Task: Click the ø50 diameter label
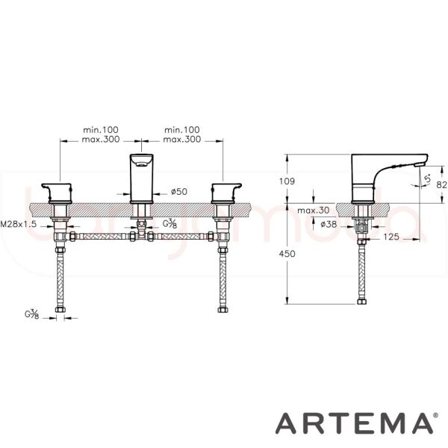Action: click(x=178, y=191)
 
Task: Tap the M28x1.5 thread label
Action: click(x=19, y=223)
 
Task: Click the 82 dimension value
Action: click(x=441, y=183)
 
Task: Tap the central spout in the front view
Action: click(x=140, y=175)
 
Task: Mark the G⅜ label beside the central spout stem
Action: click(x=170, y=223)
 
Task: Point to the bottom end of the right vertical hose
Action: click(x=222, y=309)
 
